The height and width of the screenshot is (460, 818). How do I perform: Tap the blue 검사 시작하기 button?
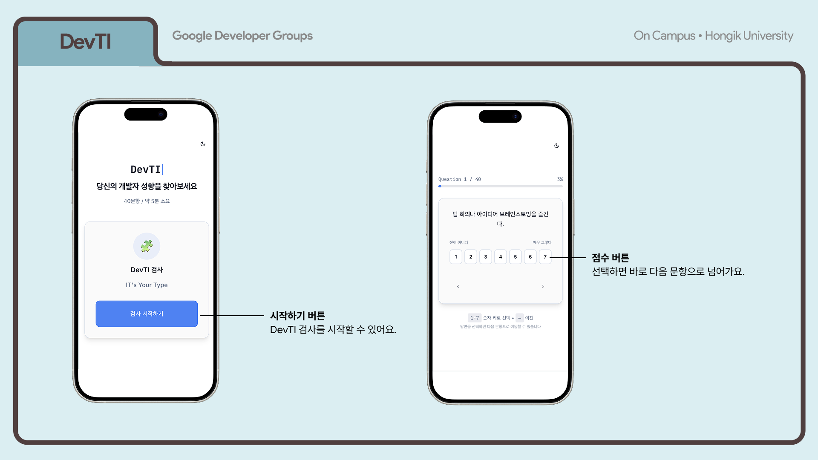(x=147, y=314)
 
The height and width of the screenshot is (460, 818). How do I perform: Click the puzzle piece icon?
(x=147, y=246)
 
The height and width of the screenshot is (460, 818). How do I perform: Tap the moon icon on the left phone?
(x=203, y=144)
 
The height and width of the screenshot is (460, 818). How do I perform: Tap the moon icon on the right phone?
(x=556, y=146)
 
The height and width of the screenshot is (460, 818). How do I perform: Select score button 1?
(x=456, y=257)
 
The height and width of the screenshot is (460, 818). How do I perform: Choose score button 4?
(x=501, y=257)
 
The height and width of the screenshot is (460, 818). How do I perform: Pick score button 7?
(x=545, y=257)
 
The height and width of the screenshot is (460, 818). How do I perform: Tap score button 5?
(x=516, y=257)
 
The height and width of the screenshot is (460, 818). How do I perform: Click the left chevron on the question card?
(x=458, y=287)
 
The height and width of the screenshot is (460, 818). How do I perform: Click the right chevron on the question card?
(x=543, y=287)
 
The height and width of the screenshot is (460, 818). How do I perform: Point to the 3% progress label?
(x=560, y=179)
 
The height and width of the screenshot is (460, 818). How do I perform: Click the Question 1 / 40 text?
(x=459, y=179)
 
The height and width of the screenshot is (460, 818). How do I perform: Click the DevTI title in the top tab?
(x=85, y=42)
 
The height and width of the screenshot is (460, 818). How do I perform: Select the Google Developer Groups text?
(x=242, y=36)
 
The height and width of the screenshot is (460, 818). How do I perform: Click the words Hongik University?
(x=749, y=36)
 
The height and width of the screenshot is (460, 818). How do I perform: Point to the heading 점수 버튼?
(x=610, y=258)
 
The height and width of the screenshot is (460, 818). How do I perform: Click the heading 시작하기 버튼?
(x=297, y=316)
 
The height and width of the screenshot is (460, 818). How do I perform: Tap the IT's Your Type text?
(x=147, y=285)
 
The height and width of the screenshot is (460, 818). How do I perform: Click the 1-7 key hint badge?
(x=474, y=318)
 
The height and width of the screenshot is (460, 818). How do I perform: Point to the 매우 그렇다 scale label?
(x=542, y=242)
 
